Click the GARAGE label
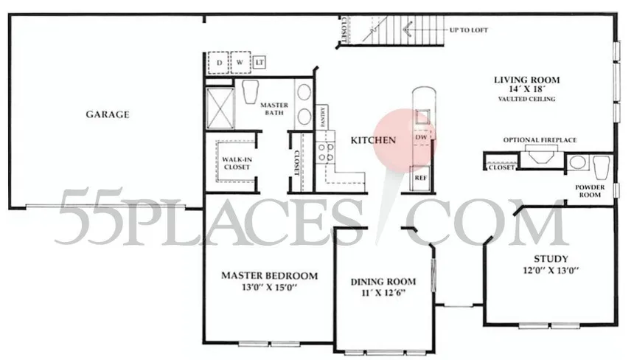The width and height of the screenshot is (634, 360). (x=108, y=114)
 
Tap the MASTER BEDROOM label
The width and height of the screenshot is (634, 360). (x=270, y=276)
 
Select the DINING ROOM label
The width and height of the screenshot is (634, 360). (x=383, y=282)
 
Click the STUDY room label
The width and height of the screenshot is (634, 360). (x=551, y=259)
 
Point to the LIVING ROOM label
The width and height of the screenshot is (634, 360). (x=526, y=80)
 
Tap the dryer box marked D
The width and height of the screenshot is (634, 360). (x=220, y=62)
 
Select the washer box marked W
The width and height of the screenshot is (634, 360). (x=240, y=62)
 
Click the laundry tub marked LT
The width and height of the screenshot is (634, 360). (x=259, y=62)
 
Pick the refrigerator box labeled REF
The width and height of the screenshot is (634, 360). (x=421, y=178)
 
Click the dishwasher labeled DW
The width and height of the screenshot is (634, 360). (x=421, y=138)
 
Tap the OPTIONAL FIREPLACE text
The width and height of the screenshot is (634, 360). (x=540, y=139)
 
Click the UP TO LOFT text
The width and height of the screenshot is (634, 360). (x=470, y=30)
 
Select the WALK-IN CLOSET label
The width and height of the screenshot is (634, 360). (x=237, y=162)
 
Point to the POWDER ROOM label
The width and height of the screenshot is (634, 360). (x=594, y=192)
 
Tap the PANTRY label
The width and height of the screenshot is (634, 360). (x=323, y=117)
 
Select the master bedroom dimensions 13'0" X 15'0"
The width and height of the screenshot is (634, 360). (x=269, y=288)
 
